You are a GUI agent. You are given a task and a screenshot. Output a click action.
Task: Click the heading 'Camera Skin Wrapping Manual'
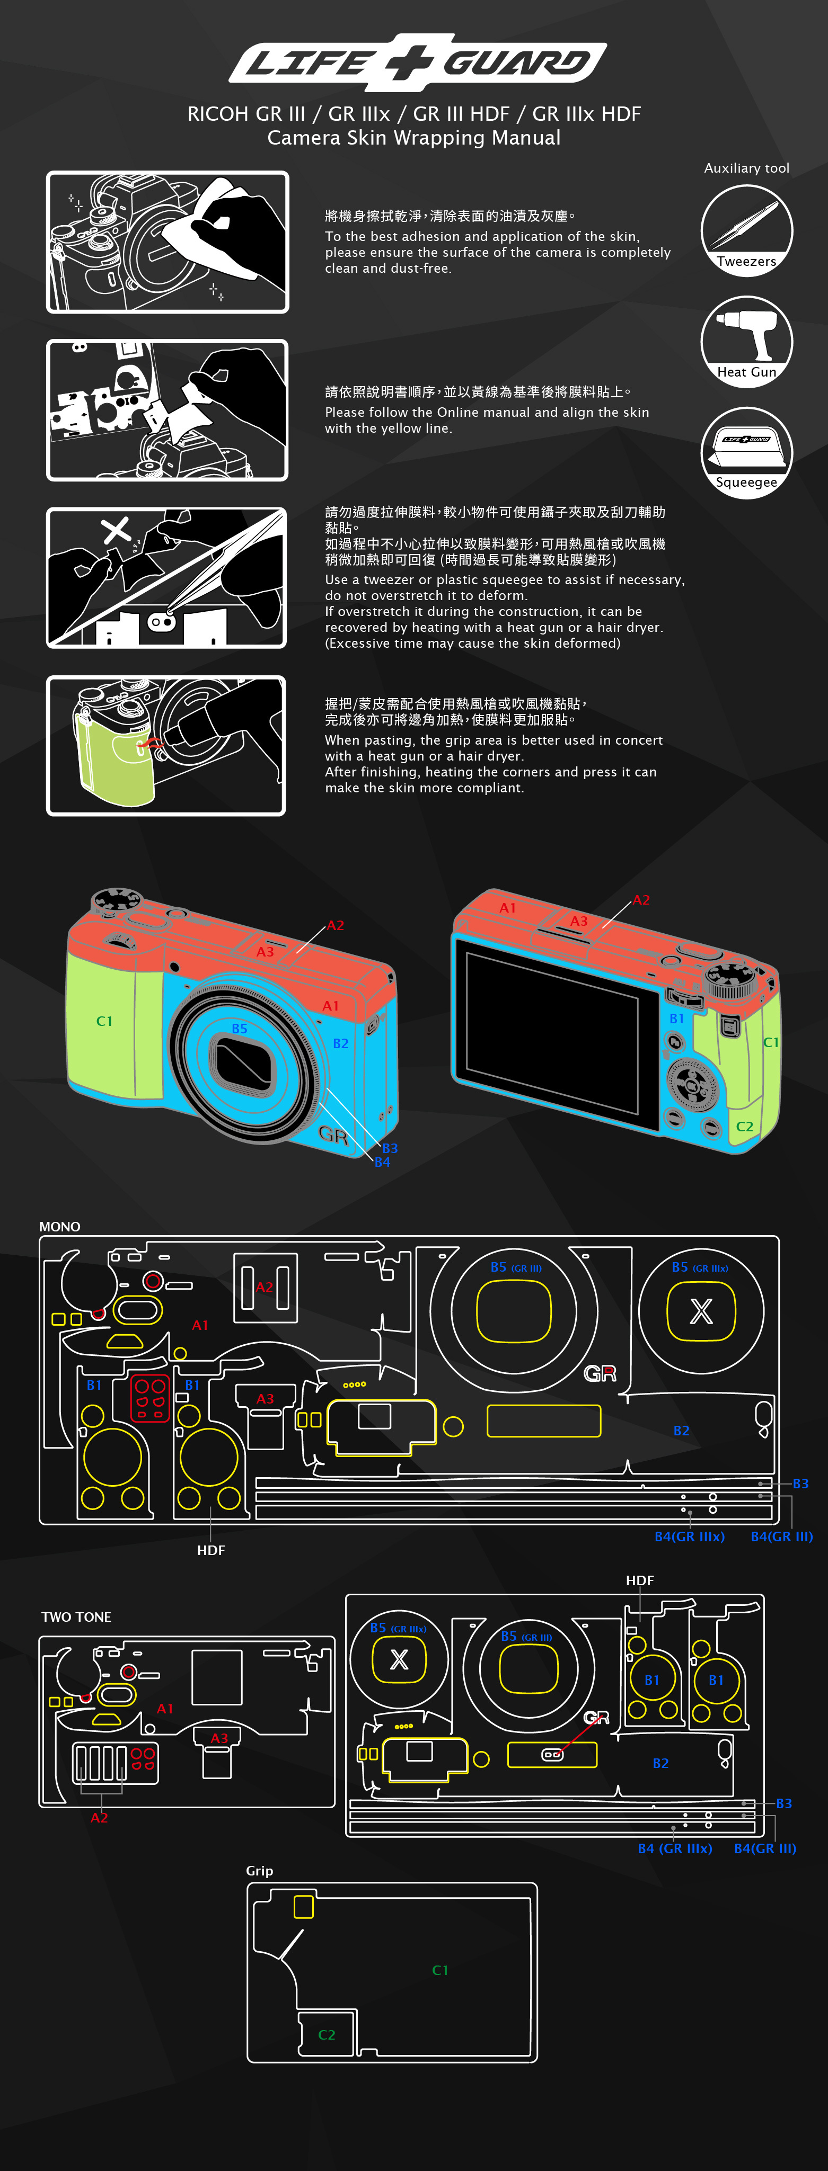click(x=414, y=138)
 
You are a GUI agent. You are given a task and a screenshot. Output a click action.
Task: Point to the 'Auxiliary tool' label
click(x=746, y=168)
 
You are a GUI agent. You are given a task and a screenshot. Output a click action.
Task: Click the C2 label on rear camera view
click(x=745, y=1127)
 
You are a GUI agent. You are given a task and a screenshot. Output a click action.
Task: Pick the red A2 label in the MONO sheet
click(x=265, y=1288)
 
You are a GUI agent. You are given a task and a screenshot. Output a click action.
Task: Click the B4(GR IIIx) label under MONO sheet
click(x=690, y=1537)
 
